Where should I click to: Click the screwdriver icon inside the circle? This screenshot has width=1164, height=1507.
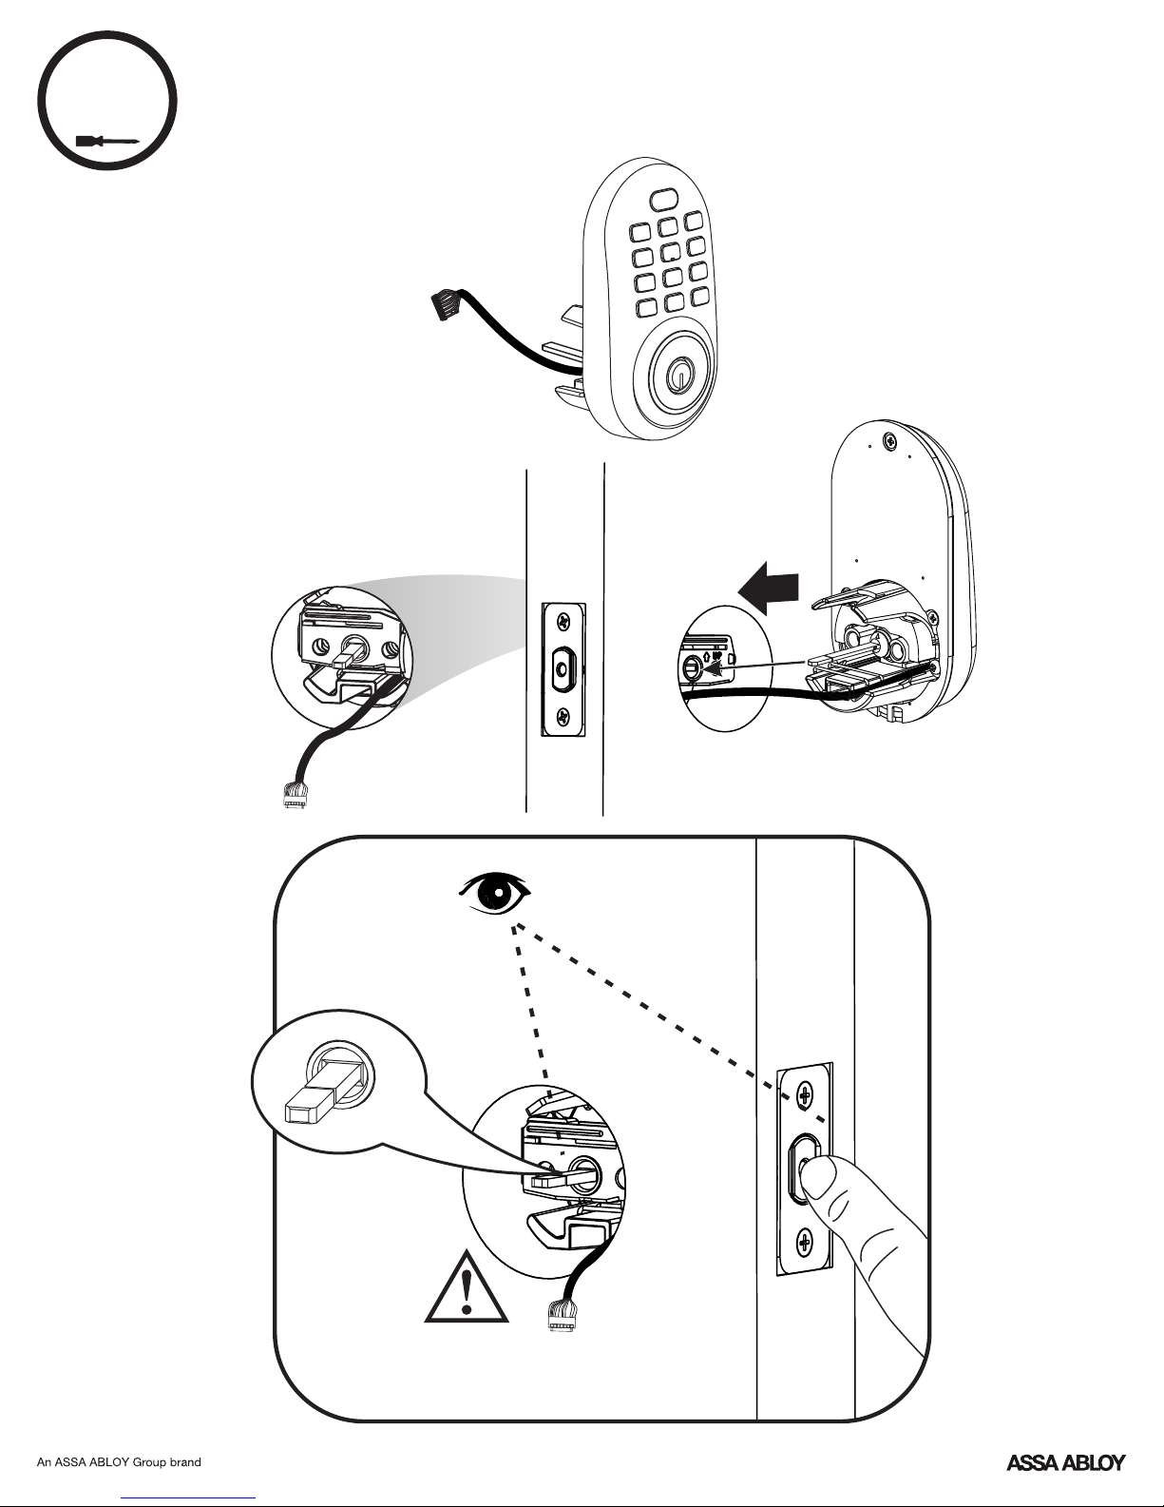[x=107, y=142]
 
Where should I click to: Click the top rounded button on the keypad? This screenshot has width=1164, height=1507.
[x=664, y=200]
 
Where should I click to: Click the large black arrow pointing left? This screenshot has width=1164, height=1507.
[x=769, y=589]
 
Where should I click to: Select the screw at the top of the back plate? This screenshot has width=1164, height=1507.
[x=889, y=439]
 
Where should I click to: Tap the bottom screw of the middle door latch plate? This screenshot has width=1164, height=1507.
[x=563, y=717]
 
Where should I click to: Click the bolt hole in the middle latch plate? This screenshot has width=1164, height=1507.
[x=563, y=668]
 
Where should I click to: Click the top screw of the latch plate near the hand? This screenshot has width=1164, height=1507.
[x=805, y=1096]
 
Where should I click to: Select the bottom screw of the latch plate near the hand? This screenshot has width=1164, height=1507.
[x=805, y=1243]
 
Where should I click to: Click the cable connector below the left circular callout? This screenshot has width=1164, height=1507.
[x=296, y=794]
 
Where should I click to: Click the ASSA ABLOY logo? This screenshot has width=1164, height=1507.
[x=1065, y=1462]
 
